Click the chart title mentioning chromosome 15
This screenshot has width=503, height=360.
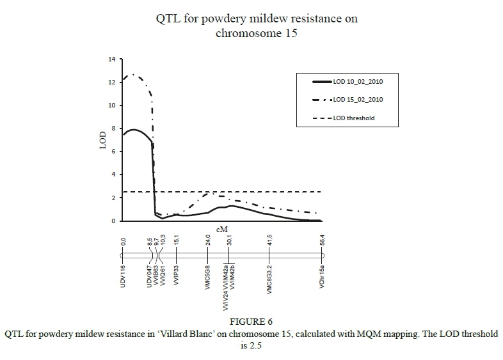pyautogui.click(x=257, y=26)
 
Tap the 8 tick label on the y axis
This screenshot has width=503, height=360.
pyautogui.click(x=113, y=129)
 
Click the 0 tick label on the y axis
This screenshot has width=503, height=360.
pyautogui.click(x=113, y=221)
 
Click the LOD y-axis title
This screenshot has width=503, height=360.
pyautogui.click(x=102, y=140)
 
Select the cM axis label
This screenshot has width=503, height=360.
pyautogui.click(x=223, y=229)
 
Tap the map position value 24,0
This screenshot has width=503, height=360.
pyautogui.click(x=207, y=242)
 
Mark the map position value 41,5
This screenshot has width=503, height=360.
pyautogui.click(x=270, y=242)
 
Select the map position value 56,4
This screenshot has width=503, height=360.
pyautogui.click(x=321, y=242)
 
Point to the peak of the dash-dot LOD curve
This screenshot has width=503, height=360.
pyautogui.click(x=134, y=75)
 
